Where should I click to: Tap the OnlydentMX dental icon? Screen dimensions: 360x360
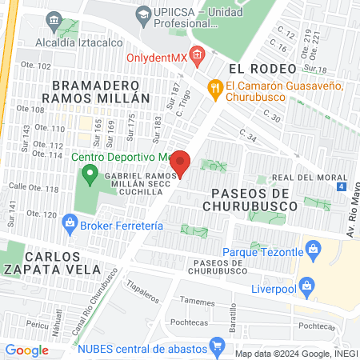pos(198,54)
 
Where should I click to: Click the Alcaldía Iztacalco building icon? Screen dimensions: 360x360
pos(54,19)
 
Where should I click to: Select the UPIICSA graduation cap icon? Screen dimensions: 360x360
pos(143,14)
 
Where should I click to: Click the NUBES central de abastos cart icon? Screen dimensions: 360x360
pos(215,346)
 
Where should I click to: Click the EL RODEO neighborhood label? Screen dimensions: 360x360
pos(257,69)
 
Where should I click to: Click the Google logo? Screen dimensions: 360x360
pos(27,350)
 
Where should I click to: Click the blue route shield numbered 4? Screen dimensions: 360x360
pos(342,187)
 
